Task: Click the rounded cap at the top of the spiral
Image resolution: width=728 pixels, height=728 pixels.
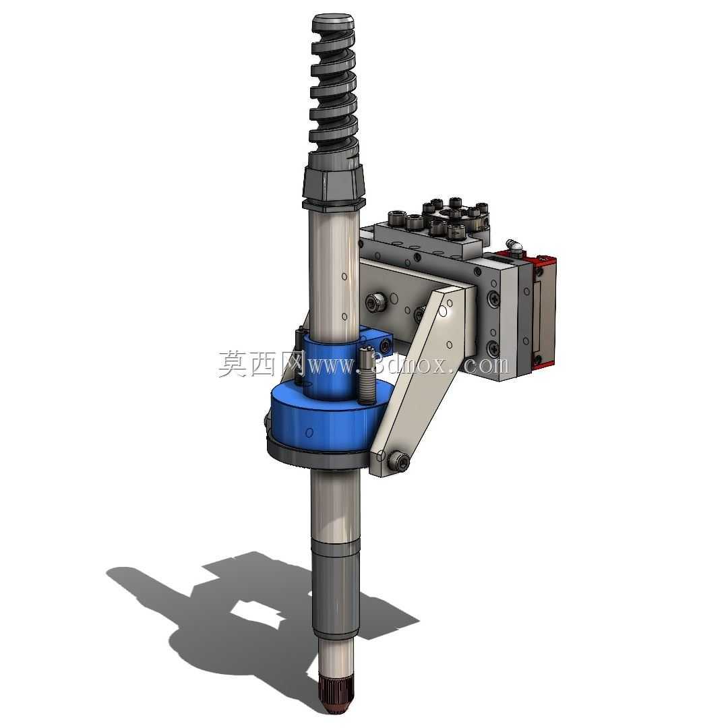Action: click(x=334, y=22)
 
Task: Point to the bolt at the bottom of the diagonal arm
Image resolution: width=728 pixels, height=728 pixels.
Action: click(x=398, y=460)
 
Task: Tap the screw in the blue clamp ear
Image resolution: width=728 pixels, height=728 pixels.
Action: click(x=385, y=344)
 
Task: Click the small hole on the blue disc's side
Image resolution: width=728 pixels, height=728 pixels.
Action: click(x=309, y=432)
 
